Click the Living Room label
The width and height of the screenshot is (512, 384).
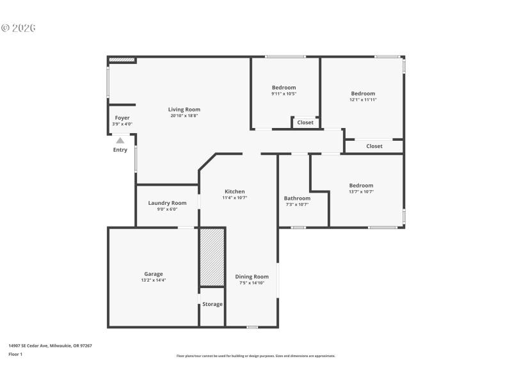184,109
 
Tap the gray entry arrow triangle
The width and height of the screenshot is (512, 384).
120,140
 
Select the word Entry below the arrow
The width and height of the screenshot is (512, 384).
120,150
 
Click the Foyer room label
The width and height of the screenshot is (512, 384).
122,118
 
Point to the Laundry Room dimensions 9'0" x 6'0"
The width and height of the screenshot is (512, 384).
167,209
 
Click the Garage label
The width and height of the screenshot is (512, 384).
153,274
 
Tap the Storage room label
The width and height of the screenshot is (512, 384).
212,304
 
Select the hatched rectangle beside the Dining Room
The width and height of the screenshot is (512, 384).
212,257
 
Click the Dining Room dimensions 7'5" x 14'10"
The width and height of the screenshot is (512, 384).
252,283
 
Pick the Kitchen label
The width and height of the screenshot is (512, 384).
234,191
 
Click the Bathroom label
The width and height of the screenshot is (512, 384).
297,198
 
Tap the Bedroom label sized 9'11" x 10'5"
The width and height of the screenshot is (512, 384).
284,88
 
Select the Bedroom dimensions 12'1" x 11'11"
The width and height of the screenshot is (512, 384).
363,100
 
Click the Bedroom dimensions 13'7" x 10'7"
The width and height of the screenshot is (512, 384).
361,191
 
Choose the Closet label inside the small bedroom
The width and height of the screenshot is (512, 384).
305,122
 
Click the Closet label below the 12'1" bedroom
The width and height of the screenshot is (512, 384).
374,146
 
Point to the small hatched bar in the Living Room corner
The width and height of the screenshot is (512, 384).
122,60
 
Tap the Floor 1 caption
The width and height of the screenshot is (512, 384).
15,354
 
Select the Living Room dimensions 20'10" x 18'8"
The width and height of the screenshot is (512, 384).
184,116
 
